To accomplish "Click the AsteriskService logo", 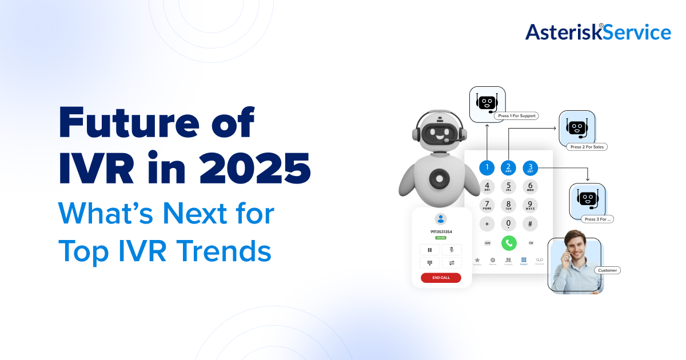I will (598, 32).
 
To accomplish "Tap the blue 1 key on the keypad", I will (486, 167).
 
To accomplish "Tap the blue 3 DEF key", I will (530, 167).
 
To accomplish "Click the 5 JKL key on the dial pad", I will (508, 186).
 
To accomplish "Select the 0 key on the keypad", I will (508, 223).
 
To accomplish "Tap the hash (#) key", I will (530, 223).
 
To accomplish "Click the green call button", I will (508, 243).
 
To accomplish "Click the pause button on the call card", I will (429, 250).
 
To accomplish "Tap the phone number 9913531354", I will (441, 231).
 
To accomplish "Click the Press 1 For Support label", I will (517, 116).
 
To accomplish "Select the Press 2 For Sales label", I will (586, 147).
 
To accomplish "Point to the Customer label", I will (607, 270).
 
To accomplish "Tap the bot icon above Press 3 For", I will (587, 198).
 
